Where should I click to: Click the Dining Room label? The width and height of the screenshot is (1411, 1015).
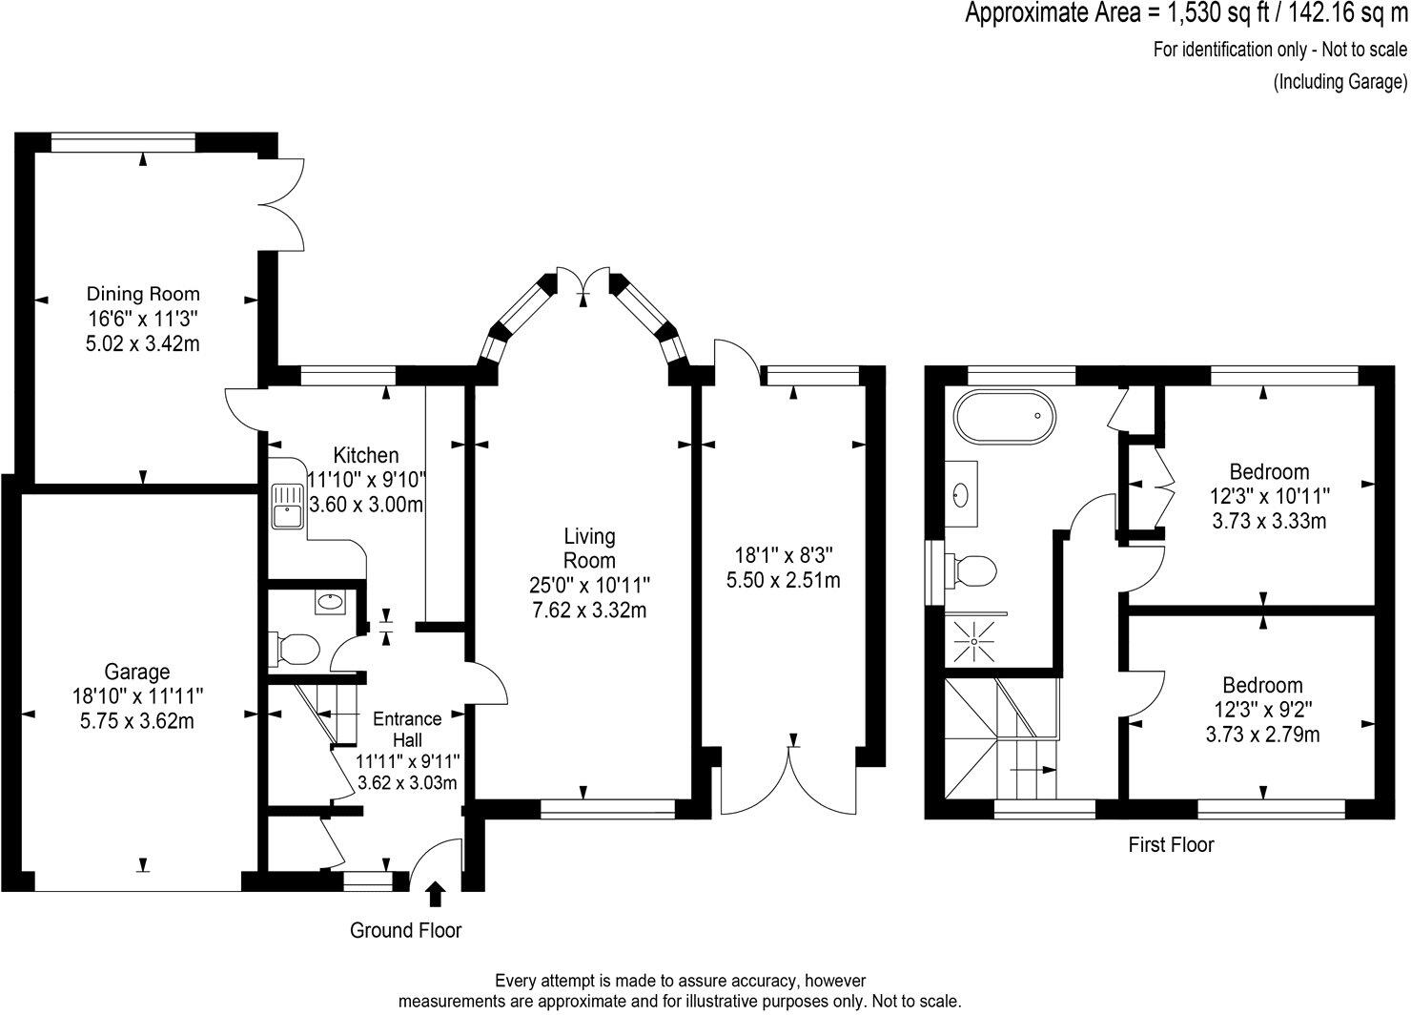pos(143,294)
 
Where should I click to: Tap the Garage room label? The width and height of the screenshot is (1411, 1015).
pos(137,672)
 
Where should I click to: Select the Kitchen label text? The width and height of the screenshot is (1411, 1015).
pos(366,456)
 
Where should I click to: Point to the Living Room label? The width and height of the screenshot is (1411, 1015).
pos(589,549)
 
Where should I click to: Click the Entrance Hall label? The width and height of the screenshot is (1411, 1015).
pos(407,729)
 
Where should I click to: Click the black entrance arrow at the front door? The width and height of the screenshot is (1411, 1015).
pos(436,894)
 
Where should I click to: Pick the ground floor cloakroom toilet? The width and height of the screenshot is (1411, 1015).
pos(295,650)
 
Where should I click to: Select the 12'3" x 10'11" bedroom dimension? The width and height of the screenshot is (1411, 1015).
pos(1269,496)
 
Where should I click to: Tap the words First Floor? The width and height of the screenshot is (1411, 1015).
pos(1171,844)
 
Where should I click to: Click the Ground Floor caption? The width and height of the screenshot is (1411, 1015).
pos(406,930)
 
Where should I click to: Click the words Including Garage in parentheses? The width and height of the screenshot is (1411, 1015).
pos(1340,82)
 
